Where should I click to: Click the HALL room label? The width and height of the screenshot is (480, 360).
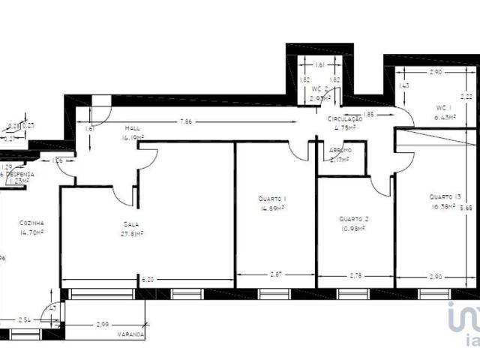[x=133, y=128]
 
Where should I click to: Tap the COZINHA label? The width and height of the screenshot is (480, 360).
[x=32, y=223]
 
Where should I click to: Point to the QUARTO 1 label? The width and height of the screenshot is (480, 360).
[x=271, y=199]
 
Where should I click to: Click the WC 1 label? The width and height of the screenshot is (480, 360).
[x=445, y=107]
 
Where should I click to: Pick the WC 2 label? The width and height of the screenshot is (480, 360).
[x=320, y=88]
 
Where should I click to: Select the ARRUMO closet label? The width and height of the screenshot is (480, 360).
[x=340, y=150]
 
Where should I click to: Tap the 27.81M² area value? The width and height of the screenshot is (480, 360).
[x=133, y=233]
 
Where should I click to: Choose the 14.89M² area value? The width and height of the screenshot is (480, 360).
[x=271, y=208]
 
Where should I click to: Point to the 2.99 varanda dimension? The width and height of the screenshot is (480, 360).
[x=103, y=324]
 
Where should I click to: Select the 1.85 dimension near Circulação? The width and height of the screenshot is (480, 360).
[x=368, y=114]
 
